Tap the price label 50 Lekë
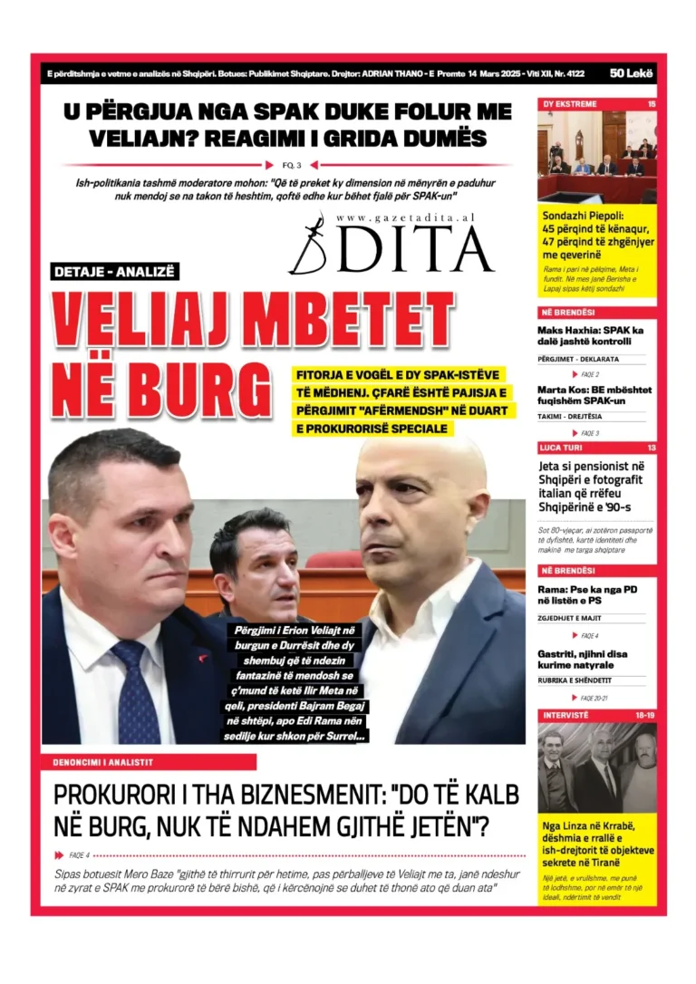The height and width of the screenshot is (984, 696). (632, 72)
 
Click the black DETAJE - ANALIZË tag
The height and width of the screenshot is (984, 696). (115, 271)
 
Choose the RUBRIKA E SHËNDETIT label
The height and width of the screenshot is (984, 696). (575, 680)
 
